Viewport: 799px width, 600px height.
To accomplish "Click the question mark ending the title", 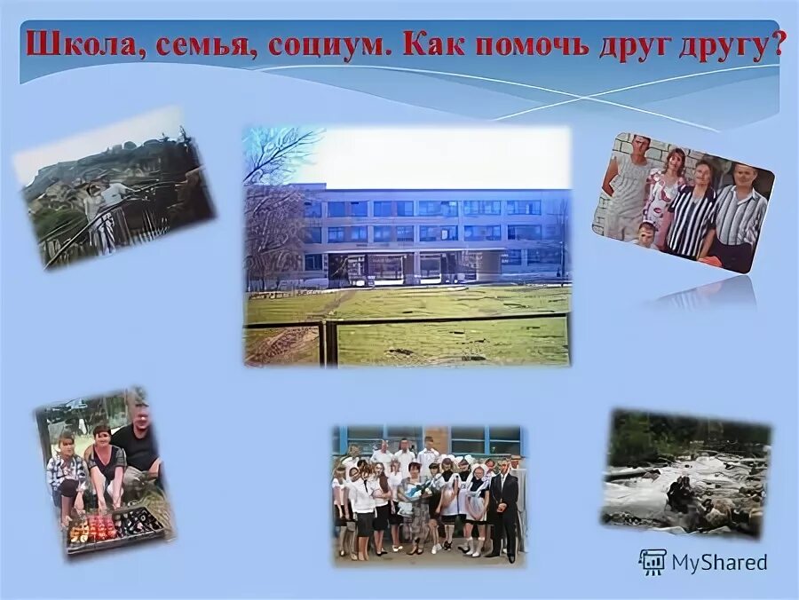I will point(779,45).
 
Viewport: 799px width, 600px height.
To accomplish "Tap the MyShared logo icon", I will point(653,562).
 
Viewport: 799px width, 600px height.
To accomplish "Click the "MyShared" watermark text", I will point(719,562).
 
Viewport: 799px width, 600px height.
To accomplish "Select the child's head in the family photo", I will point(646,232).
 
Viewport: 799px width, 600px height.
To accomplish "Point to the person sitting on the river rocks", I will point(682,492).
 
